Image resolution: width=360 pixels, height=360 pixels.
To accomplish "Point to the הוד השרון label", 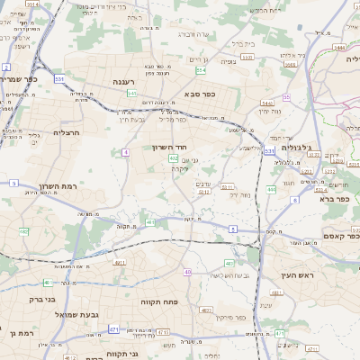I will coord(168,146).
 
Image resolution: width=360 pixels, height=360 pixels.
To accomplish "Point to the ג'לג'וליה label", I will coord(296,147).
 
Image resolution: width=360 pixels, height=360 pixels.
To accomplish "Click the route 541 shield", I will coord(132,93).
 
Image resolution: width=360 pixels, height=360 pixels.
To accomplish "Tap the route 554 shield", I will coord(201,70).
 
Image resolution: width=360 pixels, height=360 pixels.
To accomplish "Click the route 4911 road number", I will coord(120,263).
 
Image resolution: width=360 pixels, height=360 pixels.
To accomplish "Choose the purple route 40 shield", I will coord(187,271).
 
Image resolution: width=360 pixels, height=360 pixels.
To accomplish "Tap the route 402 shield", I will coord(173,157).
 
